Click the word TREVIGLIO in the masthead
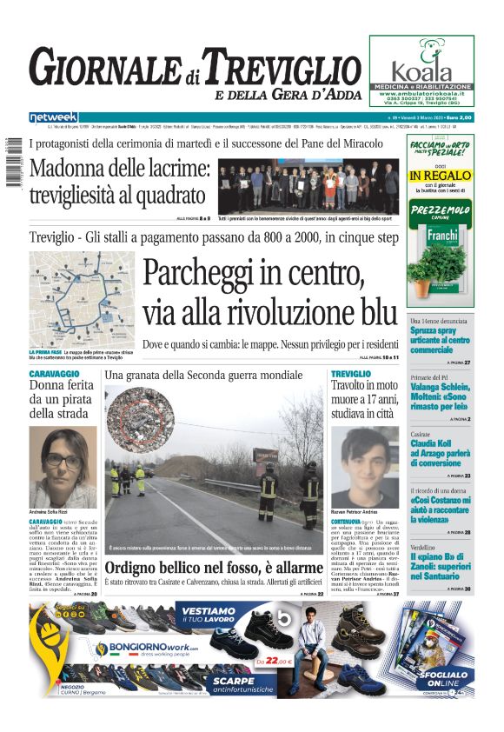[x=287, y=67]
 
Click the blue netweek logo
[x=54, y=117]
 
